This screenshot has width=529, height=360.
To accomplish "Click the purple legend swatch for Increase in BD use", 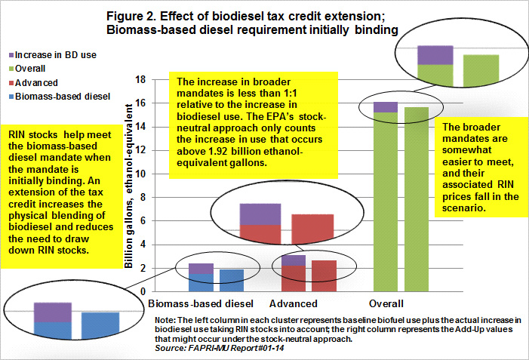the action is coord(11,55).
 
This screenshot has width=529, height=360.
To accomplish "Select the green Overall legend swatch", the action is coord(11,69).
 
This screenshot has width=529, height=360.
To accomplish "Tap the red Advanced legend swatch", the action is coord(11,83).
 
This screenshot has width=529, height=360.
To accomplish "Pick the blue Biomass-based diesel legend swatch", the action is coord(11,97).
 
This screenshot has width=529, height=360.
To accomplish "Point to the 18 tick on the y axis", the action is coord(140,80).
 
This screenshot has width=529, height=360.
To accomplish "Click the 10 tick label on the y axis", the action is coord(140,174).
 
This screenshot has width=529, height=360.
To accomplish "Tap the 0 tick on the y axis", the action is coord(143,292).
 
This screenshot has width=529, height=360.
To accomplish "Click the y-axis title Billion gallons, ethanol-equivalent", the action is coord(128,186).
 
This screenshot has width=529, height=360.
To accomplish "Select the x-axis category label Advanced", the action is coord(294,303).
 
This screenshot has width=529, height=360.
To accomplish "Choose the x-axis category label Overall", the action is coord(386,303).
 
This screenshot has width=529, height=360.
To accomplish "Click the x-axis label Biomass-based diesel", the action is coord(201,303).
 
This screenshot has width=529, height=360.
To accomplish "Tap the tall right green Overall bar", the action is coord(417,199).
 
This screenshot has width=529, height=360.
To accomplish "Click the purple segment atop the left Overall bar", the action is coord(386,107).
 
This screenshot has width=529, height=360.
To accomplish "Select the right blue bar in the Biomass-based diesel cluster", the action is coord(232,280).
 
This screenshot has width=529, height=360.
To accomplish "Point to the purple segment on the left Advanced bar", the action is coord(294,260).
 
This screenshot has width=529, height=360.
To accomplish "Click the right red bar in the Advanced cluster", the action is coord(324,276).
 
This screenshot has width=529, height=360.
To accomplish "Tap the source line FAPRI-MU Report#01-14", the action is coord(220,348).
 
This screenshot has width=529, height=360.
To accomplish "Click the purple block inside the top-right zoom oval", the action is coord(435,55).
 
